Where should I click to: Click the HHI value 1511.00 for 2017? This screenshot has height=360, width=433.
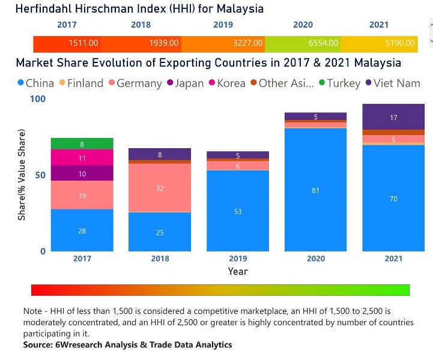(83, 43)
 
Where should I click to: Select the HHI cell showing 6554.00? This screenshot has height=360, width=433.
(324, 43)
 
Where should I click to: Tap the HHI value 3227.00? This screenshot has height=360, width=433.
(248, 43)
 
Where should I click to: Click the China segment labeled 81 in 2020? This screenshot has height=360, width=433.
(316, 190)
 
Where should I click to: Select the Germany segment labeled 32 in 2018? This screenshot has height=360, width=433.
(160, 188)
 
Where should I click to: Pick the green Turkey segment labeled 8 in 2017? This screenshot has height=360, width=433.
(82, 144)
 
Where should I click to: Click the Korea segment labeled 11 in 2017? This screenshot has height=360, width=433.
(82, 158)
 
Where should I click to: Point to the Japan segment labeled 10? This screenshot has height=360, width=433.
(82, 173)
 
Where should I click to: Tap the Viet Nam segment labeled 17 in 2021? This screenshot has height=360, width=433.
(393, 118)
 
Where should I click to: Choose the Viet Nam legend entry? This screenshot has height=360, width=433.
(393, 83)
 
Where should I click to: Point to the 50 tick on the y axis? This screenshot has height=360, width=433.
(40, 175)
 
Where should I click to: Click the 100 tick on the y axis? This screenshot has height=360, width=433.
(37, 99)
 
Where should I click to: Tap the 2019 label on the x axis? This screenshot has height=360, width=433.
(238, 259)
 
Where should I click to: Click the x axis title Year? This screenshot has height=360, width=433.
(237, 271)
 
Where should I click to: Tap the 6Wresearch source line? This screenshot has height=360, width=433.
(127, 345)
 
